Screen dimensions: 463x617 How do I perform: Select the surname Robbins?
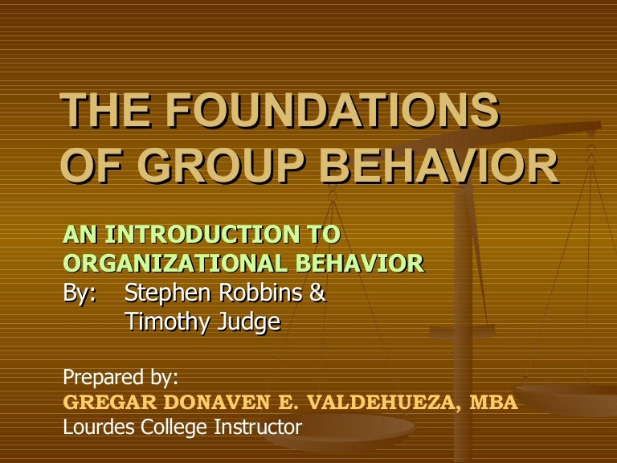[x=262, y=293]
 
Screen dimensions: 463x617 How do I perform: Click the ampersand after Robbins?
[x=318, y=293]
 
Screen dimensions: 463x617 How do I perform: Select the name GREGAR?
[x=101, y=401]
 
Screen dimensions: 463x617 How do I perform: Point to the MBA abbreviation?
[x=494, y=401]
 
